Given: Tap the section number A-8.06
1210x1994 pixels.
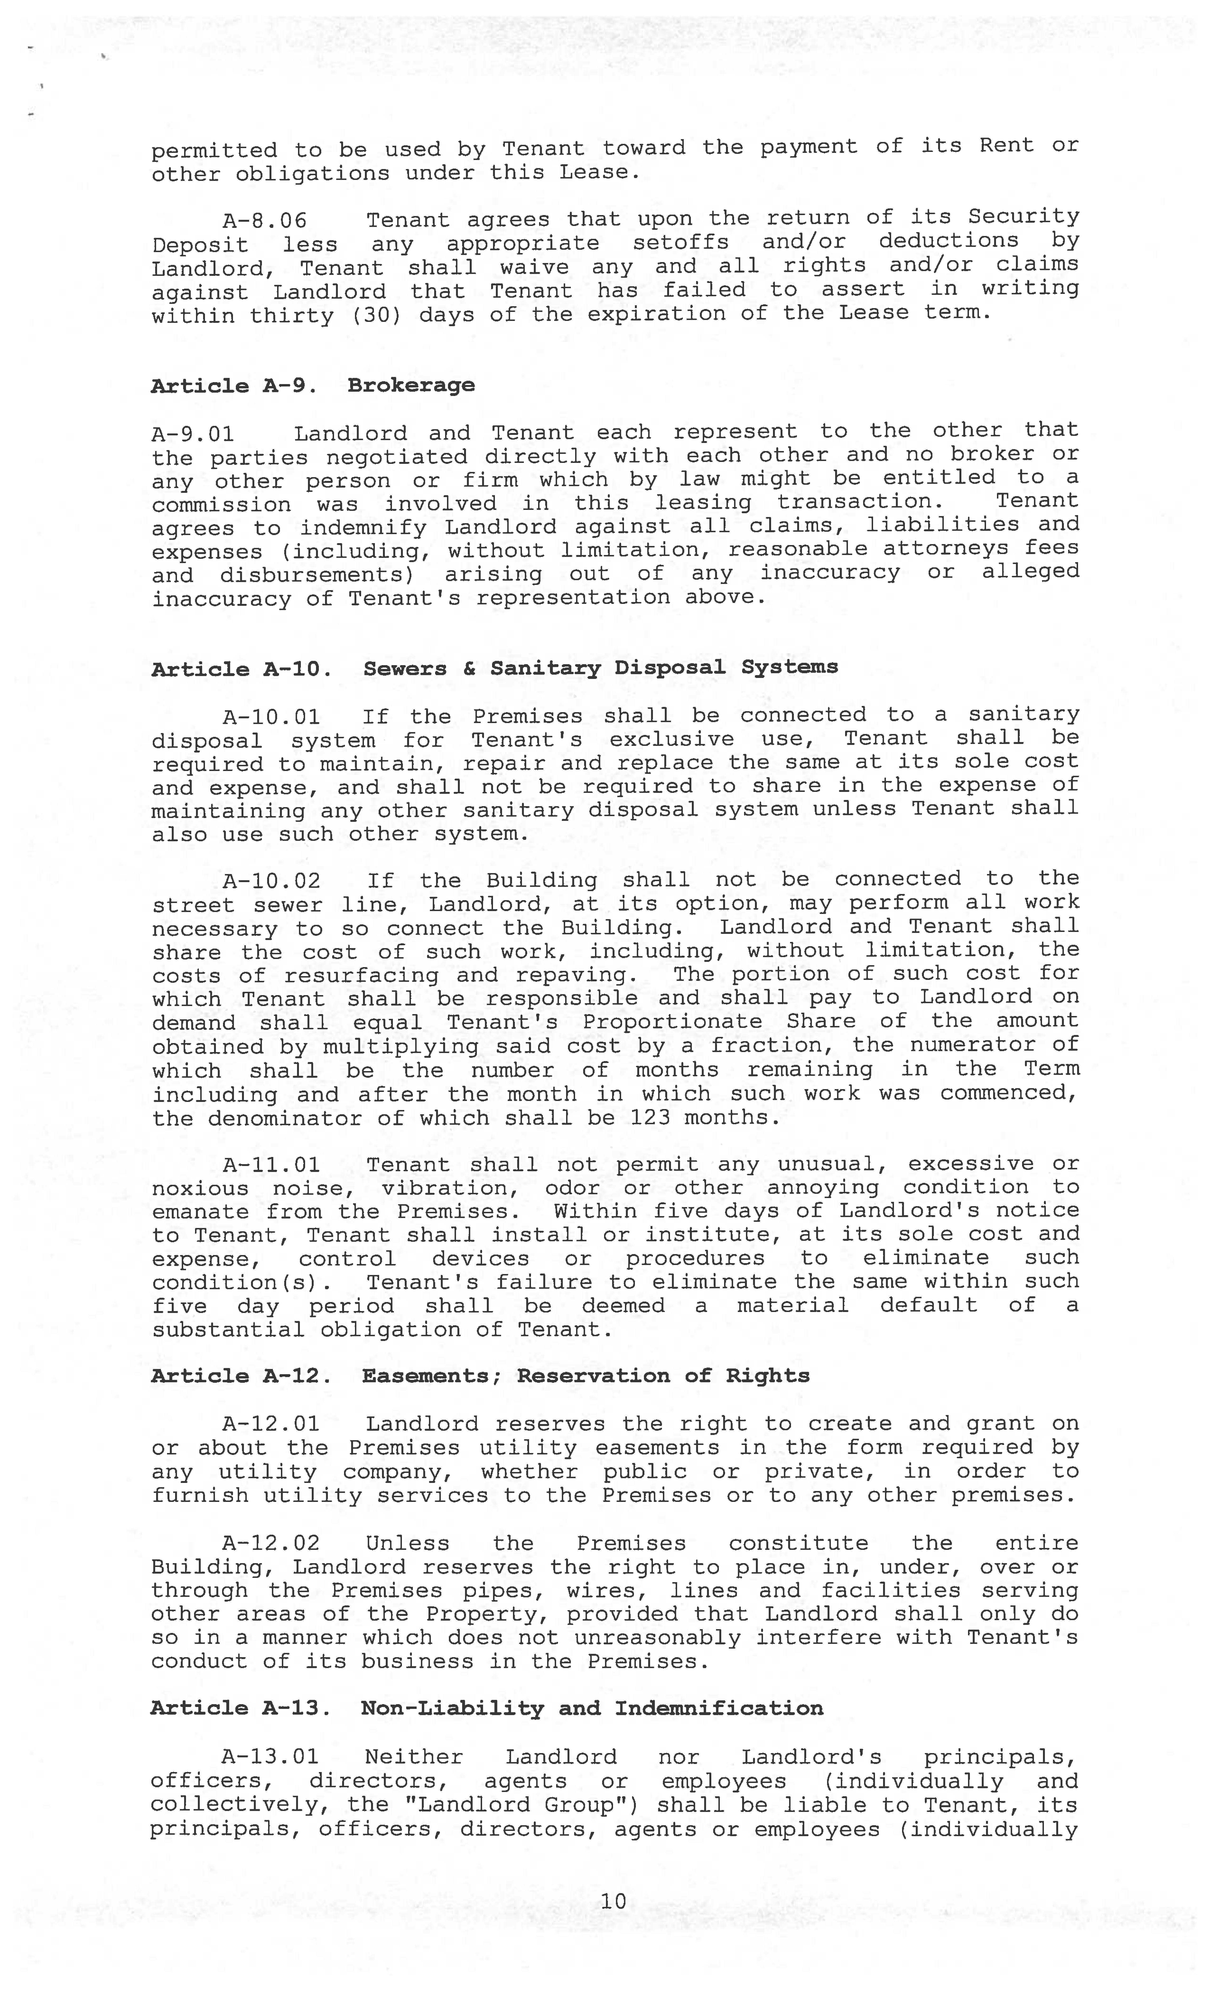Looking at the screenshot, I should (265, 220).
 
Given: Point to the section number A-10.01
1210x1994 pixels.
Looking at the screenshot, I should (271, 717).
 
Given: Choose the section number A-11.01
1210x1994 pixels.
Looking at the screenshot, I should (271, 1165).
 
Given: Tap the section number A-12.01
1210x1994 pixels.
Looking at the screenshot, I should (271, 1424).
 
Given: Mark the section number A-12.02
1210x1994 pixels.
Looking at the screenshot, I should (271, 1544).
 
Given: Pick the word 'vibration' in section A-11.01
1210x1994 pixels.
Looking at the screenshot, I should (451, 1189).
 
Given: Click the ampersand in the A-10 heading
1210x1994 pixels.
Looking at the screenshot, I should (469, 668).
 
